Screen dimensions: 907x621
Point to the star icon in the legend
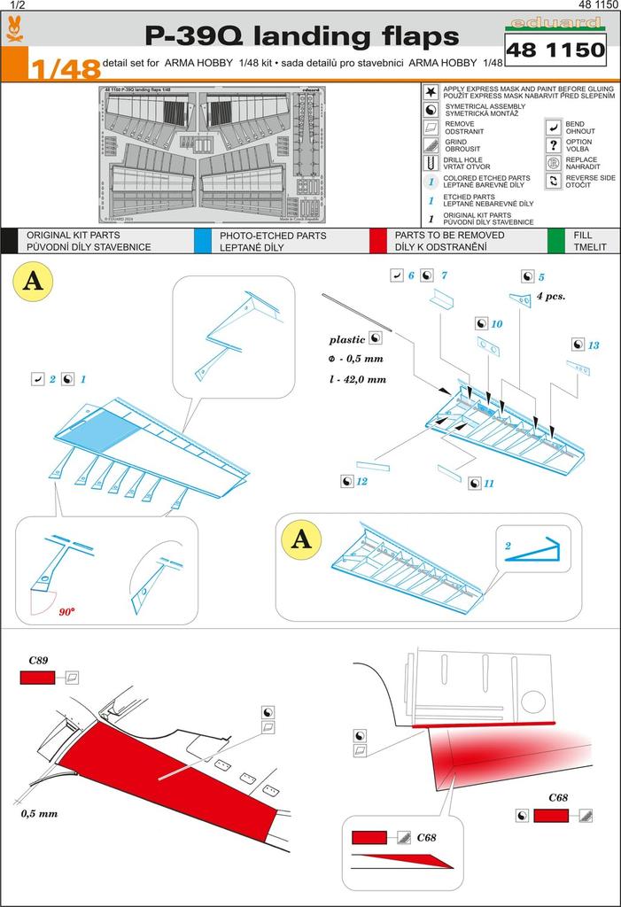(x=430, y=91)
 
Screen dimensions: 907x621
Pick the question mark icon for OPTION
(x=554, y=145)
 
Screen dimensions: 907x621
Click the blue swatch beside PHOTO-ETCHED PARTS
(x=202, y=241)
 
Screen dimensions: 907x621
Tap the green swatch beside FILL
(x=556, y=241)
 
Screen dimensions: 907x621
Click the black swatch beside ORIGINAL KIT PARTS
(x=8, y=241)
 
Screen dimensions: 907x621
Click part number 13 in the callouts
(x=593, y=345)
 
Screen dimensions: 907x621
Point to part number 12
(x=361, y=481)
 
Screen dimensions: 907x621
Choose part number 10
(x=496, y=325)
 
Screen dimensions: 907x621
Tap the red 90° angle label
(x=66, y=612)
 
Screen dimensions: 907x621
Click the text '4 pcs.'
(x=550, y=297)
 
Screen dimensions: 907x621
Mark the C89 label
(x=38, y=661)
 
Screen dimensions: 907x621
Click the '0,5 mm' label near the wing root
(x=39, y=813)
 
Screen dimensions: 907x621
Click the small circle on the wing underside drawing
(x=533, y=702)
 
